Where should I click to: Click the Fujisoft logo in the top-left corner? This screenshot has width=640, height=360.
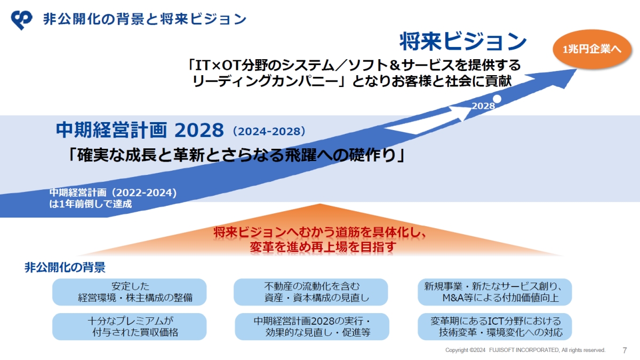(21, 20)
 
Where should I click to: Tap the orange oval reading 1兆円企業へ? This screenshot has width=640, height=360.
(591, 49)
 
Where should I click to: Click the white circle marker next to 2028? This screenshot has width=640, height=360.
(497, 99)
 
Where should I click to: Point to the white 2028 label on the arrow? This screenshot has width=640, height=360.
(483, 106)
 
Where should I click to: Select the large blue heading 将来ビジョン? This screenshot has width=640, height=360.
(463, 42)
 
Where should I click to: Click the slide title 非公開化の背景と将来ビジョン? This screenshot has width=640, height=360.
(145, 19)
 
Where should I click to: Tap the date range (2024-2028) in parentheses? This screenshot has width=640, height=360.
(269, 131)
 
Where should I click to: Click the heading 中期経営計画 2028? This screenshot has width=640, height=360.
(140, 130)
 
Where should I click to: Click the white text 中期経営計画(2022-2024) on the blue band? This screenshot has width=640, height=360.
(113, 193)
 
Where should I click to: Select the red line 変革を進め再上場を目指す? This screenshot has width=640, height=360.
(323, 246)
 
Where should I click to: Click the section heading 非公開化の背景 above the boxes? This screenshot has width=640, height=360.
(65, 267)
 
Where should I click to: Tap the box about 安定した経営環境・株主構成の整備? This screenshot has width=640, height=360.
(130, 292)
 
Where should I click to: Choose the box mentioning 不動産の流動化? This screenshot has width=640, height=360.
(311, 292)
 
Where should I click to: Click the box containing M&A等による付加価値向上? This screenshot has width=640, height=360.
(494, 292)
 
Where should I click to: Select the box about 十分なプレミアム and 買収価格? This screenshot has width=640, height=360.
(130, 326)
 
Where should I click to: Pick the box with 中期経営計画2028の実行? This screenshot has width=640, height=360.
(311, 326)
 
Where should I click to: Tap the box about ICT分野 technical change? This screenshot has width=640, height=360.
(494, 326)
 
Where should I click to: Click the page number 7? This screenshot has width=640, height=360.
(625, 350)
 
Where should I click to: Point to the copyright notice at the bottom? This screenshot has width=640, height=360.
(525, 350)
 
